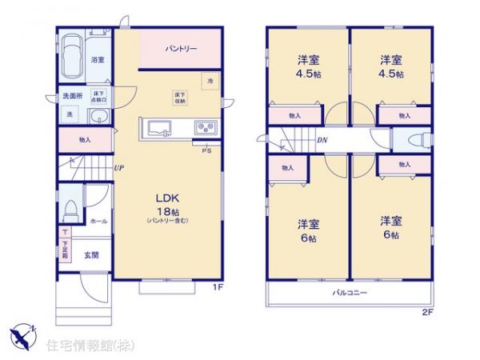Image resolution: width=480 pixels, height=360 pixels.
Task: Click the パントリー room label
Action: click(x=182, y=49)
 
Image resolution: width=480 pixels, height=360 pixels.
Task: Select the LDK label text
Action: click(x=166, y=198)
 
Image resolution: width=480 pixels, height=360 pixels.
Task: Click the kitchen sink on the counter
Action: click(x=157, y=128)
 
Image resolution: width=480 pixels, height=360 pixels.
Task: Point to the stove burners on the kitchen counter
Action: click(x=203, y=128)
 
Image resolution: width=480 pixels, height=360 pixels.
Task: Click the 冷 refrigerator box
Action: click(x=210, y=81)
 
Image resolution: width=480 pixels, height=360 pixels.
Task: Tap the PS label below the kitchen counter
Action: click(x=206, y=150)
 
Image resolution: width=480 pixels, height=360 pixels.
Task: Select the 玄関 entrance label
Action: click(x=91, y=255)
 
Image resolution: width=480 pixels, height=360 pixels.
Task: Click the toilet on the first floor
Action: click(x=70, y=210)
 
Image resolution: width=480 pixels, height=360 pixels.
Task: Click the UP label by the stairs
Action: click(x=118, y=168)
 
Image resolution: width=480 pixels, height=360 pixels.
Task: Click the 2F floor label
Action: click(x=428, y=313)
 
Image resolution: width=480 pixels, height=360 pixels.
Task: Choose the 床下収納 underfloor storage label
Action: click(x=180, y=98)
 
